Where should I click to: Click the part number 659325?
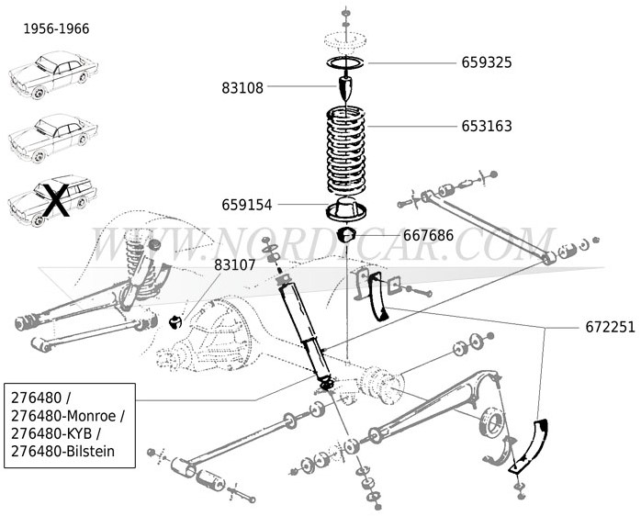coord(486,63)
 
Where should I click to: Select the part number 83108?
coord(242,89)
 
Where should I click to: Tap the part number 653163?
coord(486,127)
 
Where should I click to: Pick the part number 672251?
coord(610,327)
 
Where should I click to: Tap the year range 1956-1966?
coord(56,28)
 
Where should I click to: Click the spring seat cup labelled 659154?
coord(348,209)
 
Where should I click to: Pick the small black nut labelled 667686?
coord(348,236)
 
